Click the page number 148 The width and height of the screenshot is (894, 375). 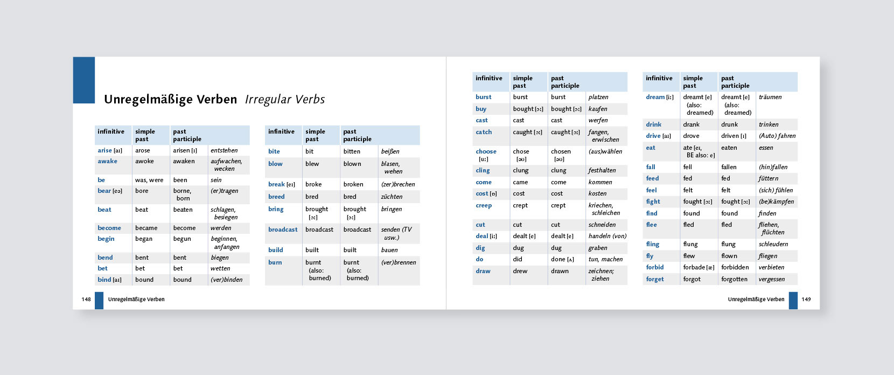tap(86, 300)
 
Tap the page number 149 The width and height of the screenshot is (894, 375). tap(806, 300)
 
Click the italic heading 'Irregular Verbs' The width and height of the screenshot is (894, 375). tap(285, 100)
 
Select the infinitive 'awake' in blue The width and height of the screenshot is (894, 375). tap(107, 161)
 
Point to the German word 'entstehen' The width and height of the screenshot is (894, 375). tap(224, 150)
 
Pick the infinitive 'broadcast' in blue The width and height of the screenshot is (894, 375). tap(283, 230)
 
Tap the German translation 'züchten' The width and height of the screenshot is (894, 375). tap(392, 197)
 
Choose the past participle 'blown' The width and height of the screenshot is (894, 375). tap(352, 164)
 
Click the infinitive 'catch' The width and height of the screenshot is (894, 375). tap(484, 132)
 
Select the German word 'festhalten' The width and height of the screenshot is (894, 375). tap(602, 170)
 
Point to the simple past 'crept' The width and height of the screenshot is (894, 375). tap(520, 205)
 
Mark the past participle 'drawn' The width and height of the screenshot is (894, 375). tap(560, 271)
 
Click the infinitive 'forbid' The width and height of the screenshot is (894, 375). tap(655, 267)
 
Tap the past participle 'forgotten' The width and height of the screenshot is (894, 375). tap(734, 279)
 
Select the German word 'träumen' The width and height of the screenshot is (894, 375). tap(770, 97)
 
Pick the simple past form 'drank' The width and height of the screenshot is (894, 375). tap(692, 124)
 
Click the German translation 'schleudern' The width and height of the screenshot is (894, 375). tap(773, 244)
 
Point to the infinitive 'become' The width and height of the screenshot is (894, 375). tap(109, 228)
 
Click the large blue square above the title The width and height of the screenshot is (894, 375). tap(84, 80)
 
